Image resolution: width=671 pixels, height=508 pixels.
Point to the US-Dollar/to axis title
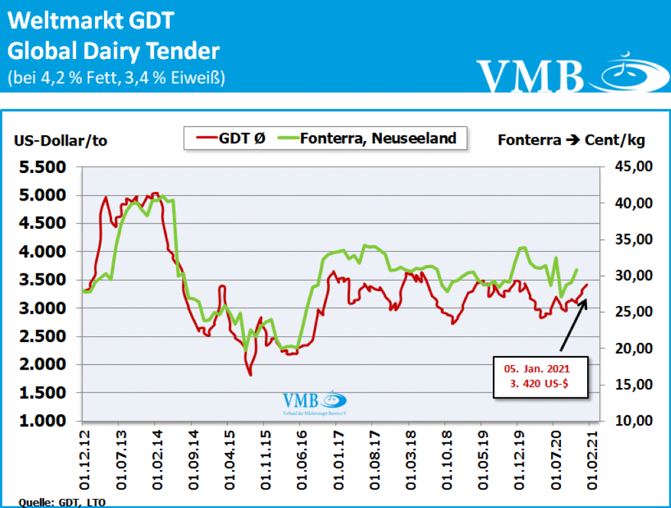(60, 140)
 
